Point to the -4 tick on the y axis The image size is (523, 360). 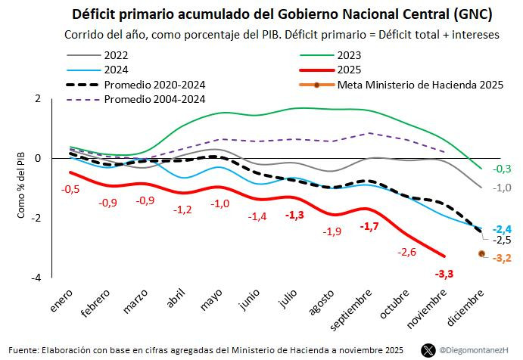point(36,278)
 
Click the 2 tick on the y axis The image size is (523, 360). point(38,98)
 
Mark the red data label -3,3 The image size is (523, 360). point(445,274)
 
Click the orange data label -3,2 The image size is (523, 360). point(502,258)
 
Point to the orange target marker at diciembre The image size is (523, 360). point(482,253)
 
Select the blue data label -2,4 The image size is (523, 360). point(502,229)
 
